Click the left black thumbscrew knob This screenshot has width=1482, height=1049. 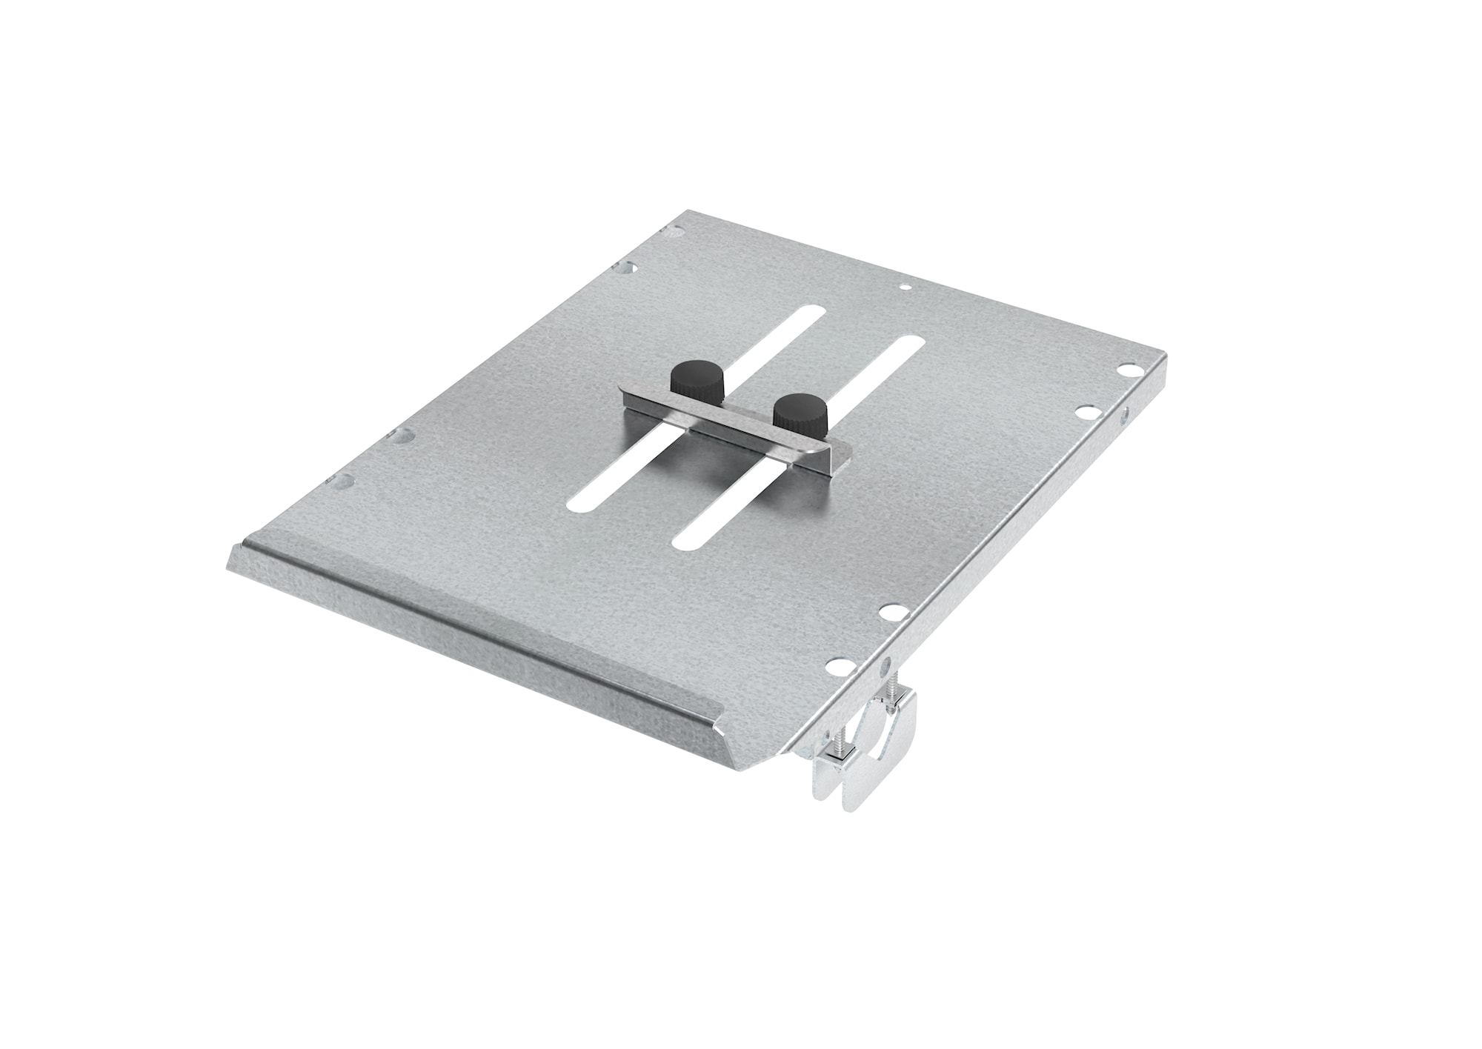(x=687, y=379)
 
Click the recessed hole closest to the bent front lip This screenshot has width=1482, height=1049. (x=342, y=482)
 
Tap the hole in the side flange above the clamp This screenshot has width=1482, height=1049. (x=883, y=665)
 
